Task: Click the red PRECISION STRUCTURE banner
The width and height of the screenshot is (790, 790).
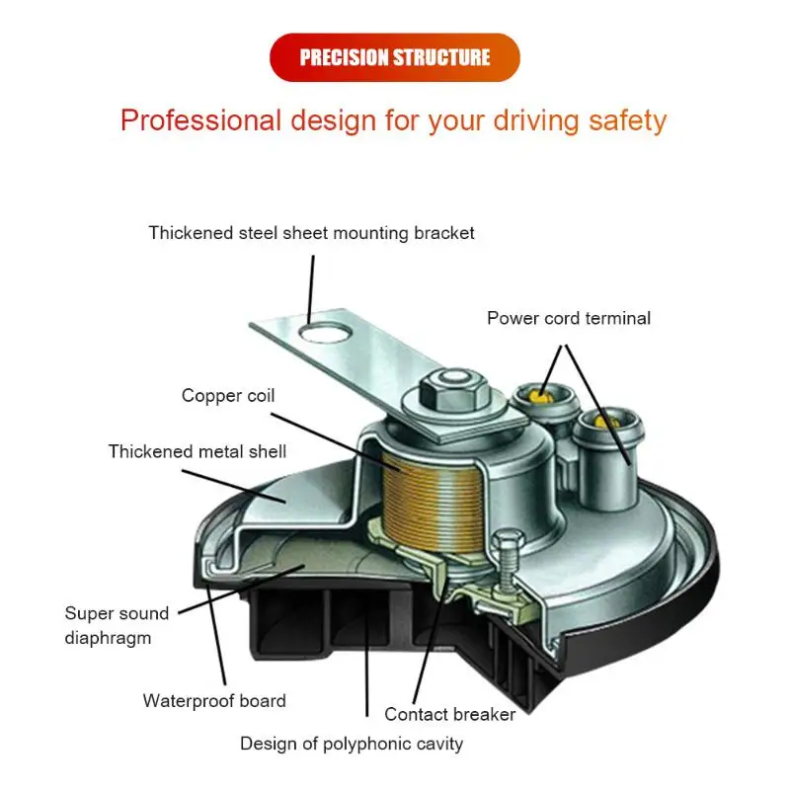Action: click(394, 57)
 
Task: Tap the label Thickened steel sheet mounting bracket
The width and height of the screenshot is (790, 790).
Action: click(311, 234)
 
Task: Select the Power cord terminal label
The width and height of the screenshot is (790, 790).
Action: click(568, 319)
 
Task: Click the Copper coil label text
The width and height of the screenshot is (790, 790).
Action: click(228, 396)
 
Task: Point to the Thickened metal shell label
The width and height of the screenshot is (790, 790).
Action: click(197, 451)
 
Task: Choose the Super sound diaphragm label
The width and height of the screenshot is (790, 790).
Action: click(117, 625)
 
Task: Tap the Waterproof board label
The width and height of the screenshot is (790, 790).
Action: click(214, 701)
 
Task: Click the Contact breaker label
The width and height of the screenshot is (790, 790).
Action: click(449, 714)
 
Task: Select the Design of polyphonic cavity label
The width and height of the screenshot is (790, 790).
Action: click(352, 744)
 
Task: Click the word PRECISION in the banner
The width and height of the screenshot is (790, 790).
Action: click(344, 57)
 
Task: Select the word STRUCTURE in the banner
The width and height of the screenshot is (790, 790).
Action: click(441, 57)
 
